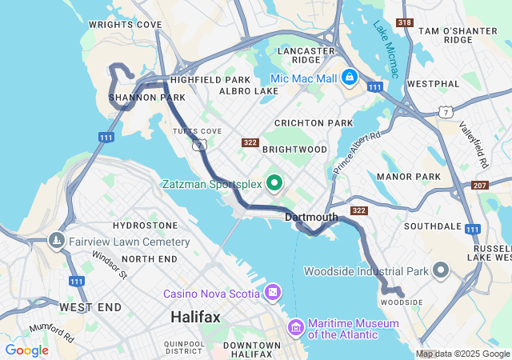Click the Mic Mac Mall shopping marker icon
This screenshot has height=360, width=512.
tap(349, 78)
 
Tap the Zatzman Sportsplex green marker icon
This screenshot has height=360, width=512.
tap(274, 184)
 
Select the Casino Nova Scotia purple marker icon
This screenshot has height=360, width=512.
tap(274, 293)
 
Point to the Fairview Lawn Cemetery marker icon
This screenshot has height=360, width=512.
tap(57, 241)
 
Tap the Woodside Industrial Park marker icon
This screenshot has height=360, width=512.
tap(441, 270)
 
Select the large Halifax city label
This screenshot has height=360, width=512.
tap(195, 318)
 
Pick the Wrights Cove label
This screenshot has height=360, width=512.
tap(125, 25)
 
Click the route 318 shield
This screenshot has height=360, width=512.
tap(405, 22)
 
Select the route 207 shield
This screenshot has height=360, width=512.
tap(480, 186)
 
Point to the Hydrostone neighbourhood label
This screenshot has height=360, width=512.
tap(145, 226)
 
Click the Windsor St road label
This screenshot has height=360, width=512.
tap(110, 264)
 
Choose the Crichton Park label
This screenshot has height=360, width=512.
tap(313, 122)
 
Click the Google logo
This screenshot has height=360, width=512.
tap(26, 350)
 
